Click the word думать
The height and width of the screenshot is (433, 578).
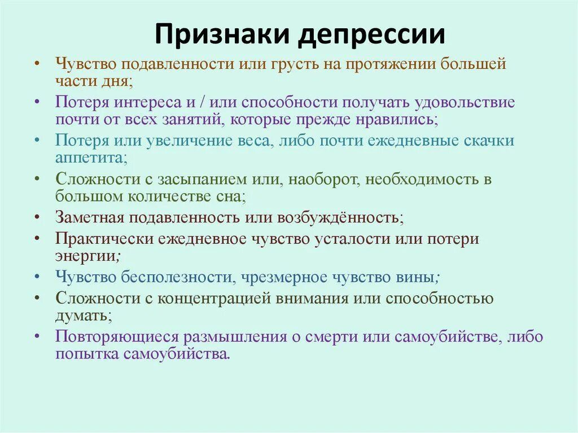tap(80, 316)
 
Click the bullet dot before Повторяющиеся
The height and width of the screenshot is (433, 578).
tap(37, 337)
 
